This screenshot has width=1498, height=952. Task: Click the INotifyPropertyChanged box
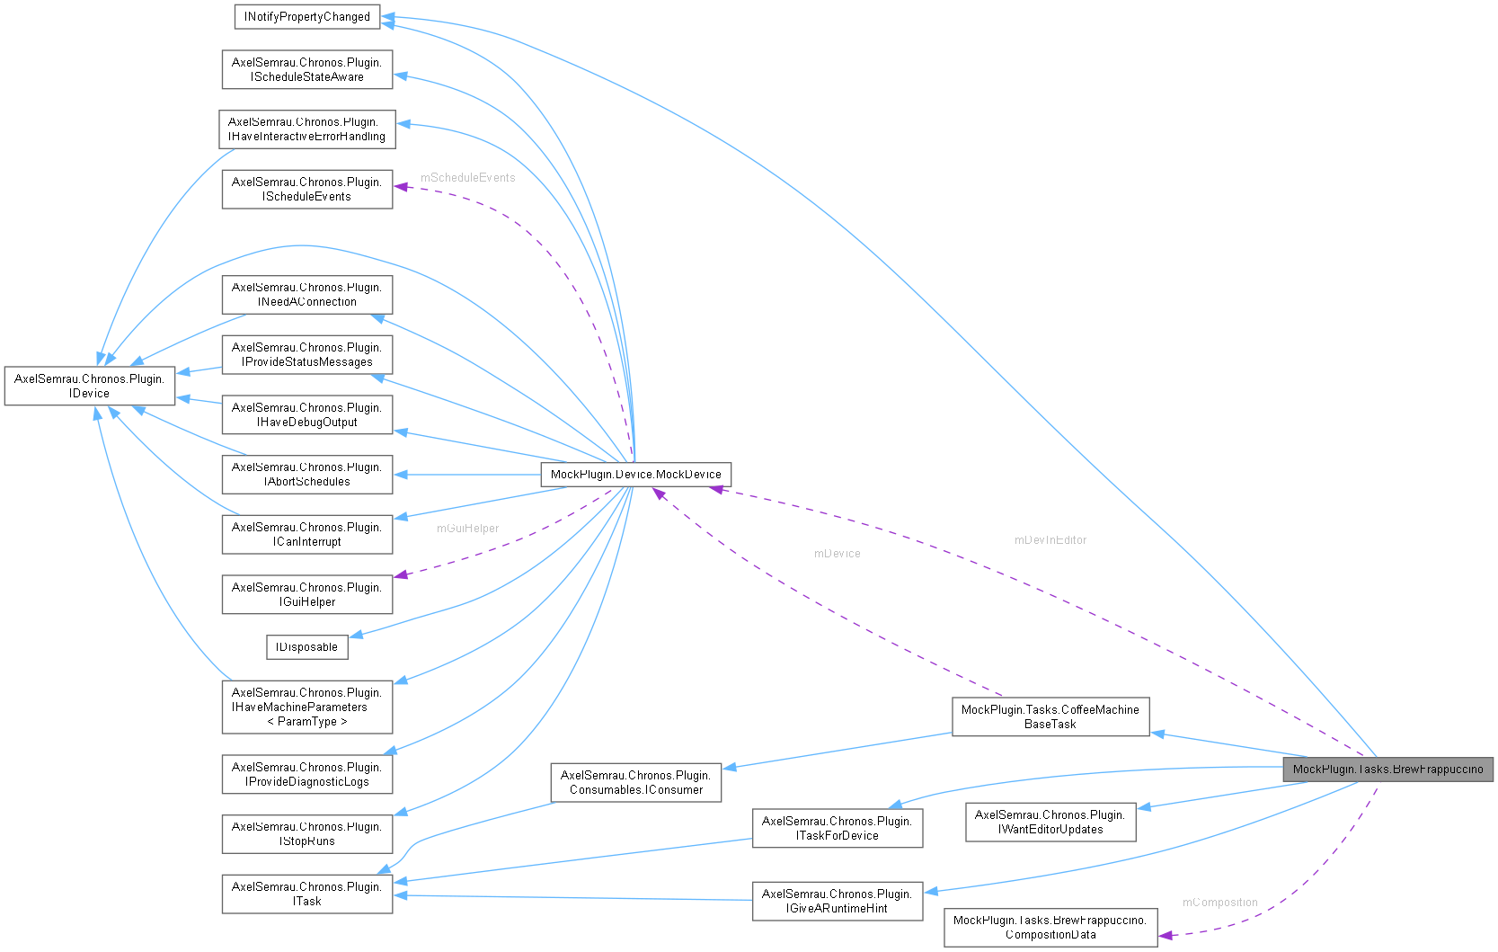pyautogui.click(x=306, y=16)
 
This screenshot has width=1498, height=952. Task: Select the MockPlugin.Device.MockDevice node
pyautogui.click(x=635, y=474)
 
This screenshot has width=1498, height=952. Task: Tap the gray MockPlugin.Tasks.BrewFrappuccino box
pyautogui.click(x=1387, y=769)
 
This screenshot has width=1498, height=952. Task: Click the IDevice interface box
pyautogui.click(x=89, y=386)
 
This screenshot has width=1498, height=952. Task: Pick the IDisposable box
pyautogui.click(x=306, y=646)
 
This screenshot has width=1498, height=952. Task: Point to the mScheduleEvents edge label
pyautogui.click(x=467, y=177)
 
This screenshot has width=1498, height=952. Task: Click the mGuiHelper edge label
pyautogui.click(x=467, y=528)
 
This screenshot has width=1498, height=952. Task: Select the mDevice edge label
pyautogui.click(x=837, y=553)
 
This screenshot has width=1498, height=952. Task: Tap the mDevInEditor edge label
pyautogui.click(x=1050, y=539)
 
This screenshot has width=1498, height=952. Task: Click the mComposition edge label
pyautogui.click(x=1219, y=902)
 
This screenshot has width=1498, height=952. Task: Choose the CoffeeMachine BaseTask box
pyautogui.click(x=1050, y=716)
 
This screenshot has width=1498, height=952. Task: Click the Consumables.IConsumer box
pyautogui.click(x=635, y=782)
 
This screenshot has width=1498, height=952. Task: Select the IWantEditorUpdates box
pyautogui.click(x=1050, y=822)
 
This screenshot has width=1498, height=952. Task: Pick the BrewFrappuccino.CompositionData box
pyautogui.click(x=1050, y=927)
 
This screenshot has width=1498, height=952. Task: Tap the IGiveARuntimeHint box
pyautogui.click(x=837, y=901)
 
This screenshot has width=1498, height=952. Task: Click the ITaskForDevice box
pyautogui.click(x=837, y=828)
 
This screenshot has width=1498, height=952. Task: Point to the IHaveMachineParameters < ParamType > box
pyautogui.click(x=306, y=707)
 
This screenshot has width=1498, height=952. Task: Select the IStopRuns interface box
pyautogui.click(x=306, y=833)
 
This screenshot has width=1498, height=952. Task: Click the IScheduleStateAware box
pyautogui.click(x=306, y=69)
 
